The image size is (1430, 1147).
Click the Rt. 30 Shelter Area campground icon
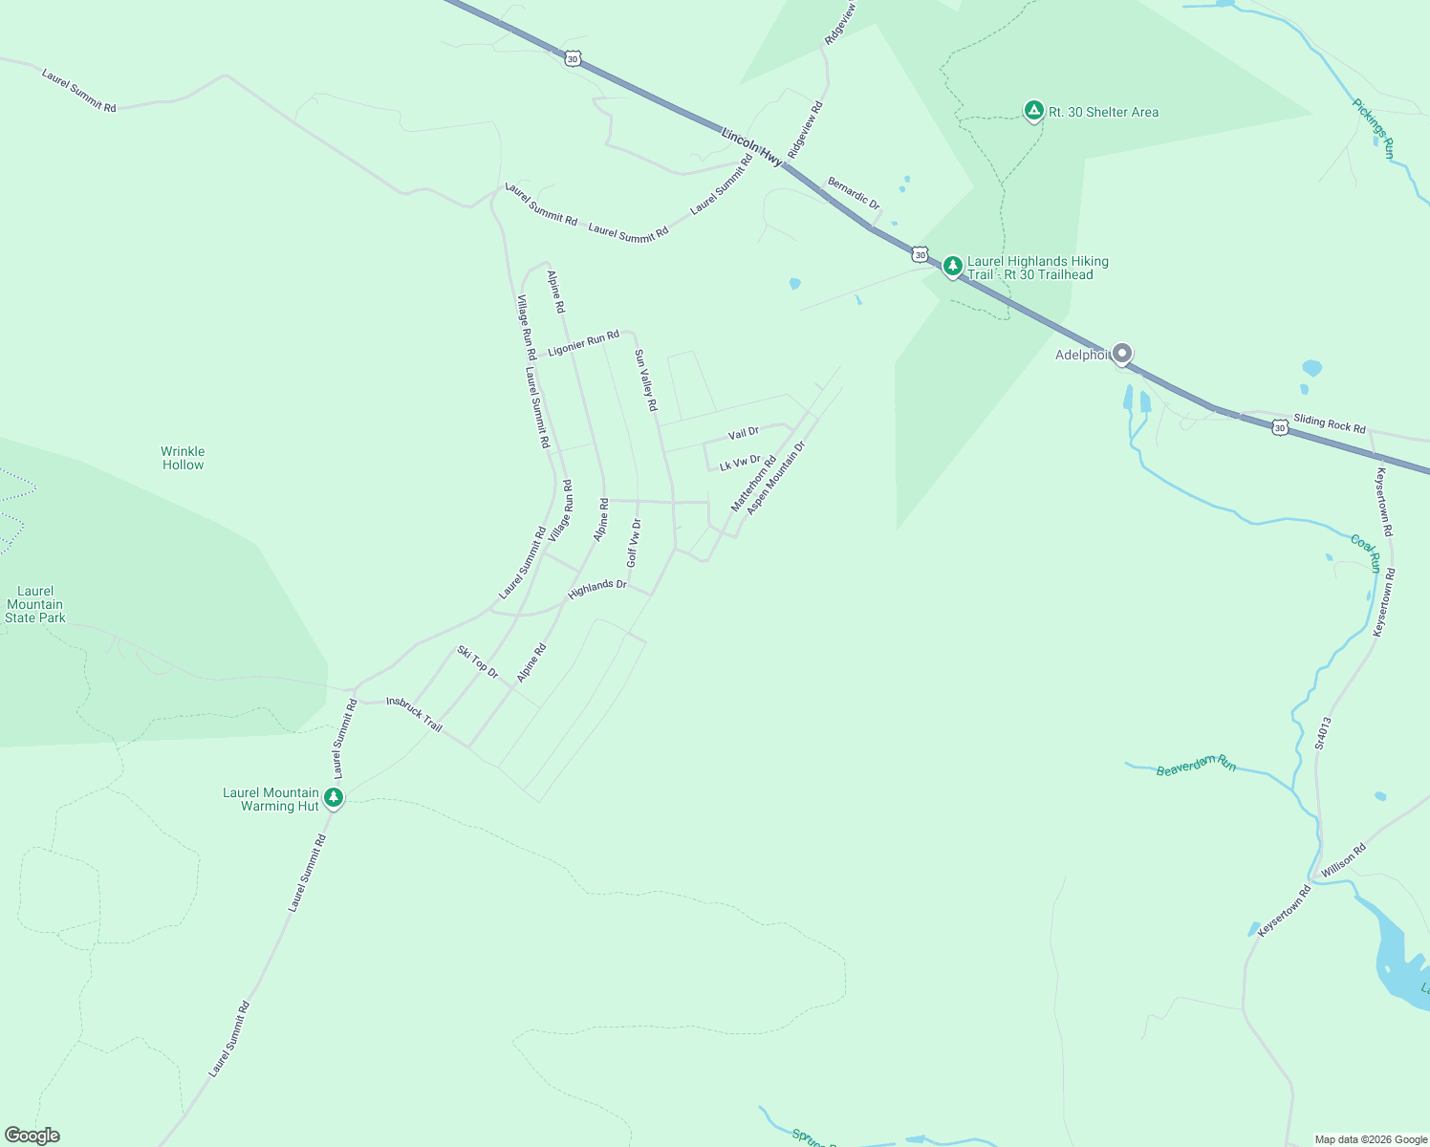tap(1032, 111)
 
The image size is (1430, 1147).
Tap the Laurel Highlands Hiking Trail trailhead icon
tap(952, 266)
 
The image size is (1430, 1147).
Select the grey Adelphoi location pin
tap(1122, 354)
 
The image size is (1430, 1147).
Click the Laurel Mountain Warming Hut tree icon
tap(333, 797)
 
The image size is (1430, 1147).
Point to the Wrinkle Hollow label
tap(183, 458)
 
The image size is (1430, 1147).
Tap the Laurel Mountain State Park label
tap(35, 604)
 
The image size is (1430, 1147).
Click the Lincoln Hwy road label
tap(751, 147)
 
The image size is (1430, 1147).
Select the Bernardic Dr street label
tap(854, 193)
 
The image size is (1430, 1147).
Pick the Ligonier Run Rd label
tap(583, 343)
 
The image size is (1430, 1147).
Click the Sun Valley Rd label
tap(646, 379)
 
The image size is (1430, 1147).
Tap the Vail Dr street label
tap(743, 434)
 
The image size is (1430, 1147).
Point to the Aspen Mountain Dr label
tap(776, 478)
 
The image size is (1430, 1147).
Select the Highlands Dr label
tap(597, 589)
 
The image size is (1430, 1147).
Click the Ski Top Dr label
tap(478, 661)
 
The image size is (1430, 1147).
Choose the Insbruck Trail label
tap(414, 714)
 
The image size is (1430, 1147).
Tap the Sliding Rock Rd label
tap(1330, 423)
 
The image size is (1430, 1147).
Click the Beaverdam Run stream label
tap(1196, 765)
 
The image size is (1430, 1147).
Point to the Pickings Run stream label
tap(1374, 128)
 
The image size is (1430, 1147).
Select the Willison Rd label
tap(1343, 860)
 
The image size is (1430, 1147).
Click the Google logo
tap(32, 1136)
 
